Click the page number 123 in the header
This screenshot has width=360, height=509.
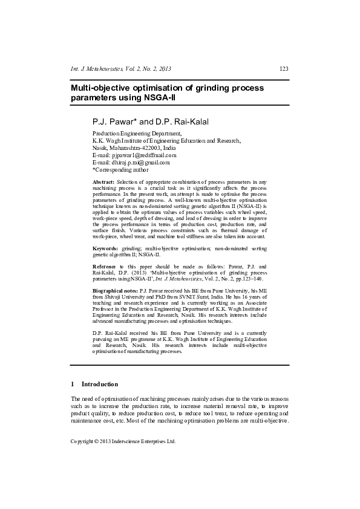click(x=284, y=69)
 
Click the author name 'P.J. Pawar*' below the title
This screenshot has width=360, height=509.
click(x=114, y=122)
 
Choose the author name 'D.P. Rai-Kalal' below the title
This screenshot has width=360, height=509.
click(x=184, y=122)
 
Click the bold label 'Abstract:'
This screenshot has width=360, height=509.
click(x=103, y=182)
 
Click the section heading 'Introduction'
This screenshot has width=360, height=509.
click(x=99, y=384)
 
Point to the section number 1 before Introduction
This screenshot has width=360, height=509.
click(x=73, y=384)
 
